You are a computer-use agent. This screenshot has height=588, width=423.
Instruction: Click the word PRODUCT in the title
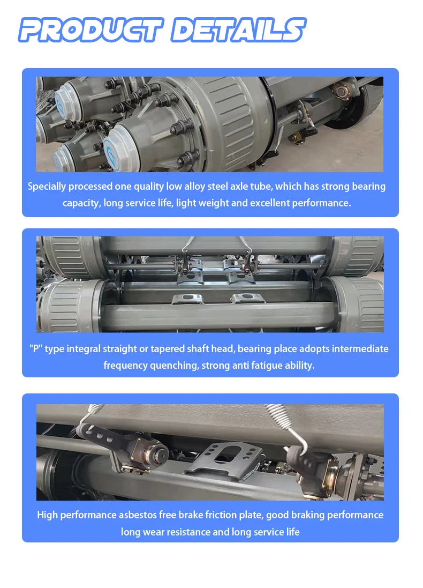pyautogui.click(x=91, y=29)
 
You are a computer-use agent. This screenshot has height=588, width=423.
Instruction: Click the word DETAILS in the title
pyautogui.click(x=238, y=29)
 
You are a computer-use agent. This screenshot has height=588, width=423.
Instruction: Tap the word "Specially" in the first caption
pyautogui.click(x=47, y=187)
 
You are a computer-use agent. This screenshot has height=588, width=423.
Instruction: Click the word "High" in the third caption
pyautogui.click(x=47, y=515)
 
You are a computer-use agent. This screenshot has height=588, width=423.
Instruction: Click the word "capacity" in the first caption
pyautogui.click(x=81, y=203)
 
